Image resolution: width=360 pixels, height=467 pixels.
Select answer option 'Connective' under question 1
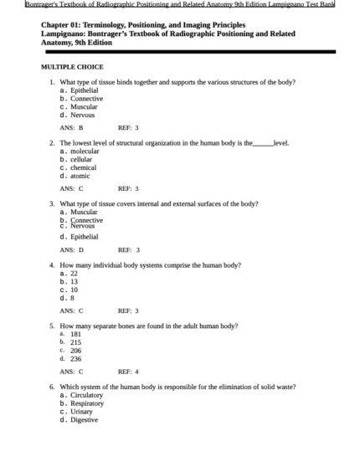point(86,98)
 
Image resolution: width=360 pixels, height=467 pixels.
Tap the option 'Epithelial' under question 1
point(85,90)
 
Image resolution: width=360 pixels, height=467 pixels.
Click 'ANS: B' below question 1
point(72,128)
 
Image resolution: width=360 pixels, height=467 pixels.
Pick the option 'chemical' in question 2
point(84,167)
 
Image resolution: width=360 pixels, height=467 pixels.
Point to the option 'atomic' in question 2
point(80,176)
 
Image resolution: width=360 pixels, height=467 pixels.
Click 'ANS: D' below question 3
point(72,249)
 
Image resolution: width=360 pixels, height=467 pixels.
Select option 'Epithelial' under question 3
point(85,237)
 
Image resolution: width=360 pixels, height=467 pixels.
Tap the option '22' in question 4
point(75,273)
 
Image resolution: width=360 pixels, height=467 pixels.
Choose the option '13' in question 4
point(75,281)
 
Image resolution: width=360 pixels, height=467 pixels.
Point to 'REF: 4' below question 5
point(128,371)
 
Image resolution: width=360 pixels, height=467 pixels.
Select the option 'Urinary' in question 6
point(82,412)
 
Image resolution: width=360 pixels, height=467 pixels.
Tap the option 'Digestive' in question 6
point(85,420)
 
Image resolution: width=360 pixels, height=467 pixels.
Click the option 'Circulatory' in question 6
point(87,395)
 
